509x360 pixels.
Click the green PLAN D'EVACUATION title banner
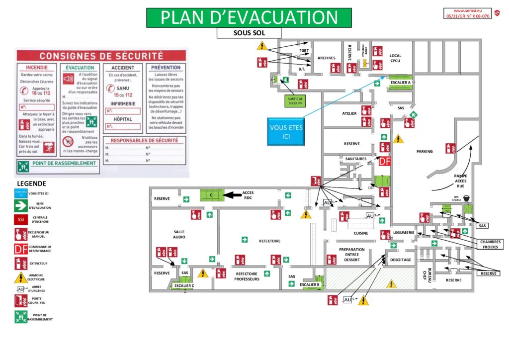pos(249,17)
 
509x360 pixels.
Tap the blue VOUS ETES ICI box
pos(286,131)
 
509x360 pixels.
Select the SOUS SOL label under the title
pos(249,33)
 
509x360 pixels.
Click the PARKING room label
pos(424,151)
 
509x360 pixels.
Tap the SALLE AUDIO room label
pos(179,234)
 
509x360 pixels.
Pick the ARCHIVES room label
pos(326,58)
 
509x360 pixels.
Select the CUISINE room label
pos(361,233)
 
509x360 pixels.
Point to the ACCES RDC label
pos(248,195)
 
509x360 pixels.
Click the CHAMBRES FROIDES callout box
pos(490,244)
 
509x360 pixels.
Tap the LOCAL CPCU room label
pos(396,59)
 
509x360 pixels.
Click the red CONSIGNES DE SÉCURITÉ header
pos(101,56)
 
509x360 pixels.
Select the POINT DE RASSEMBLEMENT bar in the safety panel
pos(58,164)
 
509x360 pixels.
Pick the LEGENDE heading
pos(31,183)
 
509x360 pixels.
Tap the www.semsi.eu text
pos(465,10)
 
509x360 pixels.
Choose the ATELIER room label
pos(349,113)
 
